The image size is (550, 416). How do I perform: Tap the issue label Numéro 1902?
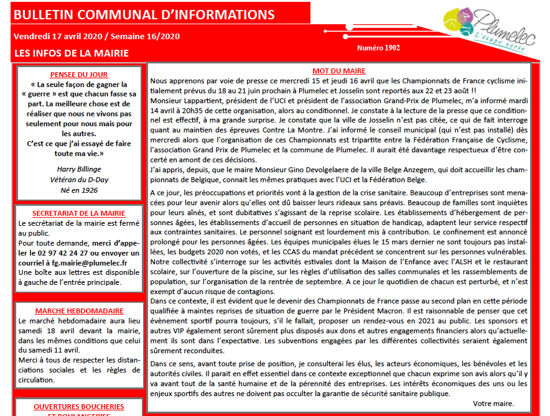378,48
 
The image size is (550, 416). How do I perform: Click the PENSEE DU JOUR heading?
78,74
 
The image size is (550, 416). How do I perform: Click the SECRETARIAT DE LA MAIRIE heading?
78,213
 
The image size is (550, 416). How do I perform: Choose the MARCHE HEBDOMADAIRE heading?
78,310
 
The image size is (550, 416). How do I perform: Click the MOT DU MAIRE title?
338,71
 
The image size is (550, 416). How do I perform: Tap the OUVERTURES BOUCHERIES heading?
78,407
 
